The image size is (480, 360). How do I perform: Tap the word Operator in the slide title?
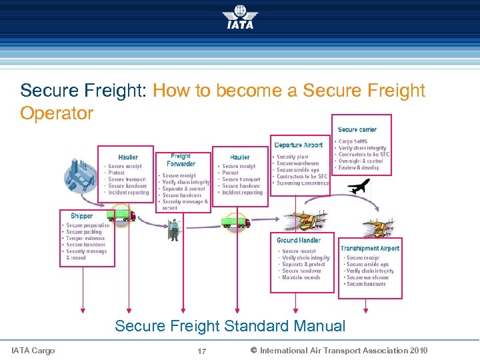pos(57,113)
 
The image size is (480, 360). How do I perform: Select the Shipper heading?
pos(81,216)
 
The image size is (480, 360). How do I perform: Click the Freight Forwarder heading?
pos(181,160)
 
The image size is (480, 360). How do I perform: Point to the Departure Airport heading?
pos(299,145)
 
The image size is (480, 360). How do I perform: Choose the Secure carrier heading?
pos(357,129)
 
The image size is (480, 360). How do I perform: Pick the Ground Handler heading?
pos(299,240)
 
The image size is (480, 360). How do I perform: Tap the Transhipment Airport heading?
pos(370,248)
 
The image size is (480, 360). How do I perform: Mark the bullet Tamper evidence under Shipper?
pos(85,238)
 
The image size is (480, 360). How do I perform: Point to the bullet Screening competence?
pos(303,183)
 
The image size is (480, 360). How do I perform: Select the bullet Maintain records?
pos(301,277)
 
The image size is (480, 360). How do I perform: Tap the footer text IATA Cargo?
pos(33,350)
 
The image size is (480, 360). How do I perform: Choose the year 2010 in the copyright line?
pos(418,350)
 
